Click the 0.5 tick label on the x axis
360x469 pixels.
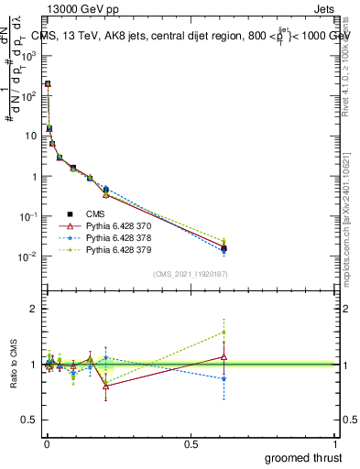190,443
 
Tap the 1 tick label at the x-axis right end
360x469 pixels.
336,443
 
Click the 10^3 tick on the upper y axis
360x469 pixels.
27,55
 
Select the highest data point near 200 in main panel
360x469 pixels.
48,83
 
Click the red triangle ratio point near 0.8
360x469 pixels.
106,386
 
